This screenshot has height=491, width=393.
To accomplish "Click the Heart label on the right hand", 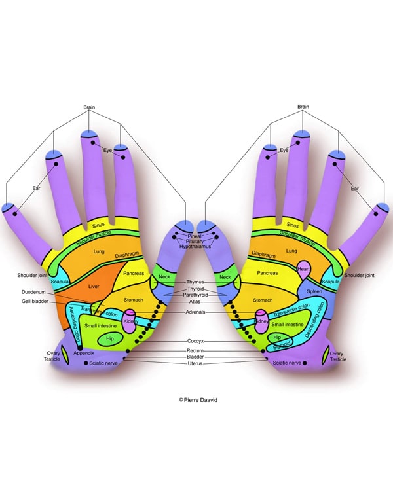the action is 303,269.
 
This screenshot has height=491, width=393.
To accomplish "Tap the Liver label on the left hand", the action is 94,286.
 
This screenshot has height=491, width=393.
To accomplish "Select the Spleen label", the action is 314,291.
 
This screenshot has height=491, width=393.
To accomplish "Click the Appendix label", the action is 84,353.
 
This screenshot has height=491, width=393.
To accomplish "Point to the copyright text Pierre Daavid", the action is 198,400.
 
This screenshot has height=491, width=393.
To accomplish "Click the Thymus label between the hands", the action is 195,282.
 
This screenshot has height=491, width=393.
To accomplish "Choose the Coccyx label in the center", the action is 195,341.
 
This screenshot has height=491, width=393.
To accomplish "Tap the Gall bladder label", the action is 35,302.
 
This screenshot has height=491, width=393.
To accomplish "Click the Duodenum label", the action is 33,292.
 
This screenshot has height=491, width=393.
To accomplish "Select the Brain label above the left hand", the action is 89,107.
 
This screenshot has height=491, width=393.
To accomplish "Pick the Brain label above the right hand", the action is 303,107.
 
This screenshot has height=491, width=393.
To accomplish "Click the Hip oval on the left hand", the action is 109,339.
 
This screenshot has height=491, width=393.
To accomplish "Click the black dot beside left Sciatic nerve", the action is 86,363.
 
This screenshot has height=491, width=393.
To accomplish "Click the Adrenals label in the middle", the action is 195,312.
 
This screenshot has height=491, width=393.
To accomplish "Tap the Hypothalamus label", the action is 195,247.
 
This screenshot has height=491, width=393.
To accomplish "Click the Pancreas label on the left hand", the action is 134,273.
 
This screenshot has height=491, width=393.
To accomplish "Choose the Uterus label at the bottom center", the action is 195,363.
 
